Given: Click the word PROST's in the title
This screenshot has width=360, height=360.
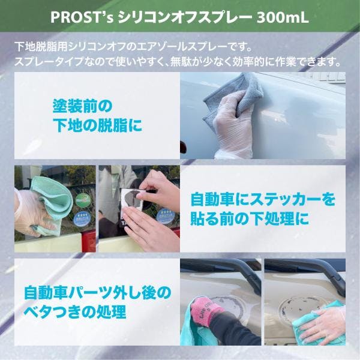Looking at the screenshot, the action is pos(82,17).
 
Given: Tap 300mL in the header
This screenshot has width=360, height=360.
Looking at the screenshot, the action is pos(283,17).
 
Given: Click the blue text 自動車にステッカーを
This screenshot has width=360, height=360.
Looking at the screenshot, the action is pos(263,200).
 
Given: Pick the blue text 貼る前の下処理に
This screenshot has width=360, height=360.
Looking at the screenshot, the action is pos(250,218).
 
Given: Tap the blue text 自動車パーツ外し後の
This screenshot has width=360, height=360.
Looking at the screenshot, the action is pos(98,292).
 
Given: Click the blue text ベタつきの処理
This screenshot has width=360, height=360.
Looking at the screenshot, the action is pos(75,311).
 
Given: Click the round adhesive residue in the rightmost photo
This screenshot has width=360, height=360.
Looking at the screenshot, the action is pos(298,309).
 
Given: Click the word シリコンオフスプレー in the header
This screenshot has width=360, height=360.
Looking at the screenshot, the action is pos(185,17).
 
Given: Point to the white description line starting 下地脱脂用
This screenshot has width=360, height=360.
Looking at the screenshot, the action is pos(133,47).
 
